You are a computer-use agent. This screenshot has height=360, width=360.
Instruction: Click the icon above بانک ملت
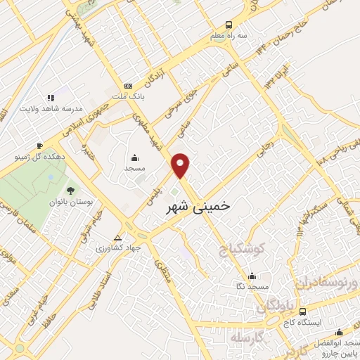click(x=127, y=85)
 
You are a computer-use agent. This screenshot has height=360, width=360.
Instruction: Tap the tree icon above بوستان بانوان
click(x=70, y=190)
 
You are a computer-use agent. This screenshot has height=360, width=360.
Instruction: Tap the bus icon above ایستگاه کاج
click(x=302, y=311)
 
